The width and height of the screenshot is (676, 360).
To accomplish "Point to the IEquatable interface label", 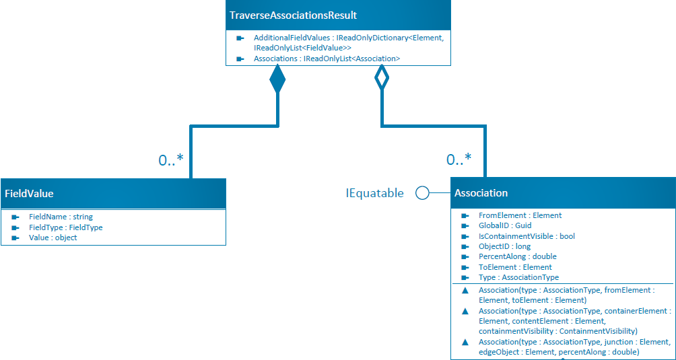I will click(374, 193).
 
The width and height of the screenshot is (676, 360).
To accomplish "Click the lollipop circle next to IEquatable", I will click(422, 193).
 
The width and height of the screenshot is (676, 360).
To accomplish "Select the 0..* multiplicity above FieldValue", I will click(171, 160).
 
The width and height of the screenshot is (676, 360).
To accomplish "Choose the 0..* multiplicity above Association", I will click(459, 160).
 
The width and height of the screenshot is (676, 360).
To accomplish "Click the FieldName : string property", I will click(61, 217).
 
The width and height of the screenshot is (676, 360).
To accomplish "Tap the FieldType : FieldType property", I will click(65, 227).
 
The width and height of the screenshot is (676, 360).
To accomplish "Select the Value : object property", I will click(53, 238).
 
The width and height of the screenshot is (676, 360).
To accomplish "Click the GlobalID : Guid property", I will click(505, 226).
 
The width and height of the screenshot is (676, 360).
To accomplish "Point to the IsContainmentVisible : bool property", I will click(527, 236).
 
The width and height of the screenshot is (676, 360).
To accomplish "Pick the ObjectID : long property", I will click(504, 246).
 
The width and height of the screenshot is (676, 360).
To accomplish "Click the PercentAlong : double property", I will click(517, 256).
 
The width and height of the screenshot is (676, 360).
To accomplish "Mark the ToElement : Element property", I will click(515, 267).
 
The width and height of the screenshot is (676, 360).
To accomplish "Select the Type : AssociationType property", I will click(518, 277).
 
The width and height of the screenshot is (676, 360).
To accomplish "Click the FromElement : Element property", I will click(520, 215).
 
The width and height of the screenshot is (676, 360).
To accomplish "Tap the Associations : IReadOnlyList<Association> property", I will click(327, 59).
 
